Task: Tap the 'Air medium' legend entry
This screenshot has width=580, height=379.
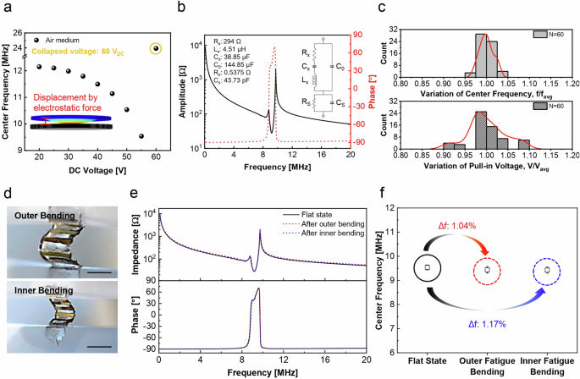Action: click(x=60, y=38)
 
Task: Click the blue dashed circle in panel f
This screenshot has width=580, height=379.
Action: click(x=547, y=270)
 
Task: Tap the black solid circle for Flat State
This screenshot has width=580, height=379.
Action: click(x=428, y=267)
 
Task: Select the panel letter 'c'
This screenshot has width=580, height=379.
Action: click(x=383, y=8)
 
